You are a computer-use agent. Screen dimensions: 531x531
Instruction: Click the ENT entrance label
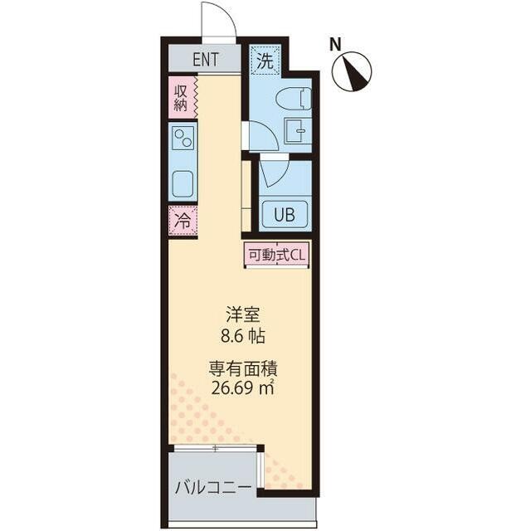click(206, 60)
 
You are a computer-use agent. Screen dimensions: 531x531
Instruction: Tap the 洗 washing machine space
click(265, 61)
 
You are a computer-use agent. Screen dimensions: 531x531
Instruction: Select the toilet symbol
click(294, 99)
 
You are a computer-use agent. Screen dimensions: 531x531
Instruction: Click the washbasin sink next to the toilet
click(295, 131)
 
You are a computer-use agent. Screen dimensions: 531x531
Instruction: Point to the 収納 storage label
click(180, 98)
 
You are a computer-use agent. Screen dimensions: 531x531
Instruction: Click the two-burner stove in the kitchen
click(183, 138)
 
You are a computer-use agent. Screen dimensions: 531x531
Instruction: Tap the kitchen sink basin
click(183, 184)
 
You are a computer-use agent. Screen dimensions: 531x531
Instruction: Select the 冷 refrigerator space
click(183, 221)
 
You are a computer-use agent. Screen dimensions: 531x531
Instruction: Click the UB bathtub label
click(285, 214)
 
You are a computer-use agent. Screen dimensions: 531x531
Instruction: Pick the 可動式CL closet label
click(277, 255)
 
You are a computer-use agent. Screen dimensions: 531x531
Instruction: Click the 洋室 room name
click(243, 314)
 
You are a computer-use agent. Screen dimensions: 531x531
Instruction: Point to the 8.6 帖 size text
click(243, 336)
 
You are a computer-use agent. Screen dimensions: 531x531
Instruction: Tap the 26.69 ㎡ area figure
click(243, 387)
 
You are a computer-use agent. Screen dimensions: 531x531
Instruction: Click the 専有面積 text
click(243, 368)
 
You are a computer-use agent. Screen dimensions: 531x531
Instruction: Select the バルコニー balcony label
click(213, 488)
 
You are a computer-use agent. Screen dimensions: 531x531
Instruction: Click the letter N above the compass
click(335, 45)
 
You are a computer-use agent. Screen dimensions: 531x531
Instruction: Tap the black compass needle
click(353, 74)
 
